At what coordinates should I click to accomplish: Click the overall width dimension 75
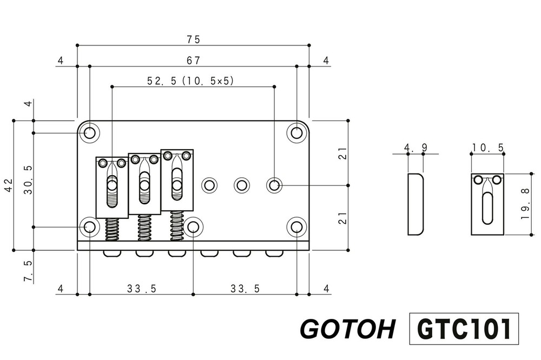pos(193,39)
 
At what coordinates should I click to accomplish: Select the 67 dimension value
pos(193,60)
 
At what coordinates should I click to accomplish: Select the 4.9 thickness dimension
pos(415,148)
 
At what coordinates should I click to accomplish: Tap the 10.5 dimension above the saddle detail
pos(487,148)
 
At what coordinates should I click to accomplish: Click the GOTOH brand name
pos(347,329)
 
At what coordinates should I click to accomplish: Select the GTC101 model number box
pos(464,328)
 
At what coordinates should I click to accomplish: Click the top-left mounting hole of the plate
pos(89,133)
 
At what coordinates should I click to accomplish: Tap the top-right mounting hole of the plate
pos(296,133)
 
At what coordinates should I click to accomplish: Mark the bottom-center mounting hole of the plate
pos(193,227)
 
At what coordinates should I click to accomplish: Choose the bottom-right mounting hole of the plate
pos(296,227)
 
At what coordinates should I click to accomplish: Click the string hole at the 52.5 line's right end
pos(274,185)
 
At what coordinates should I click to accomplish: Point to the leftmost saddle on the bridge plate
pos(112,187)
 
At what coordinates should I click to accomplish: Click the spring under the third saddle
pos(177,224)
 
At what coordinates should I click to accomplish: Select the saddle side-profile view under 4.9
pos(415,204)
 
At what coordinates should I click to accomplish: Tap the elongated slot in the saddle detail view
pos(487,209)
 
